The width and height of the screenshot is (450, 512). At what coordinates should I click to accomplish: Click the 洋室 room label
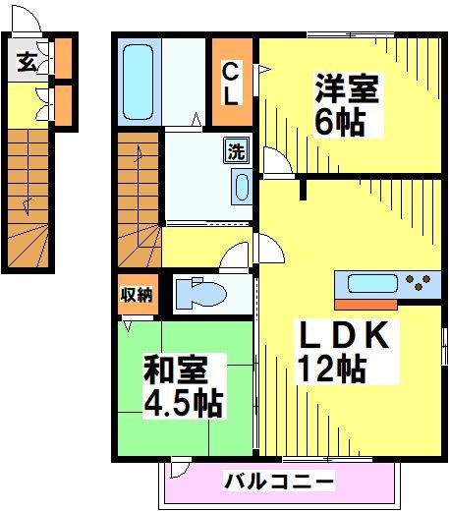point(346,89)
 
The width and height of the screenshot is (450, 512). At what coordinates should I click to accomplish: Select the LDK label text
point(345,335)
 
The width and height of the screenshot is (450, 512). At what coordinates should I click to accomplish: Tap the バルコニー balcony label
point(279,482)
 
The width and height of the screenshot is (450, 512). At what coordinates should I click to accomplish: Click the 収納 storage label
point(137,293)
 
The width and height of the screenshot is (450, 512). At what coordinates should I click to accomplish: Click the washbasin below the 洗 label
point(240,186)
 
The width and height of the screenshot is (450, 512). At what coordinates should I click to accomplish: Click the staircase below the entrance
point(28,197)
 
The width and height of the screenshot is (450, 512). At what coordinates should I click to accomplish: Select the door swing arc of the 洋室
point(275,163)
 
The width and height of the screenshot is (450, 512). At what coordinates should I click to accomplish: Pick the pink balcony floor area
point(197,486)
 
